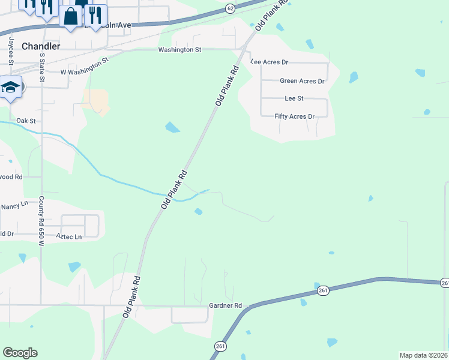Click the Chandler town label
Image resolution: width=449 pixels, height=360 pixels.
pos(41,46)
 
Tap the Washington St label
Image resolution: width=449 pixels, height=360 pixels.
pos(179,50)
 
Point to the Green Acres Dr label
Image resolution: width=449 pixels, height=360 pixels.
pos(302,81)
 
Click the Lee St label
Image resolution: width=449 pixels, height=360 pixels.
pos(294,98)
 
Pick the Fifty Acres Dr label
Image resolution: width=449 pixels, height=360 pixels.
pos(294,116)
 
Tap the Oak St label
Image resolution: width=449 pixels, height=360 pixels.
pos(26,121)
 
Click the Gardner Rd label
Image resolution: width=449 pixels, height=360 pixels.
pos(225,305)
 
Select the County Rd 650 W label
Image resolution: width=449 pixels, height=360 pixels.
pos(42,221)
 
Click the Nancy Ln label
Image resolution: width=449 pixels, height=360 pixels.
pos(14,205)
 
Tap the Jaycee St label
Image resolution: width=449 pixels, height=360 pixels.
pos(11,49)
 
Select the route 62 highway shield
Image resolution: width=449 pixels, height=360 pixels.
pos(231,8)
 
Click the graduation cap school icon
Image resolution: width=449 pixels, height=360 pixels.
pos(10,88)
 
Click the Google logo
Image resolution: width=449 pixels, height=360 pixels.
pos(20,353)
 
